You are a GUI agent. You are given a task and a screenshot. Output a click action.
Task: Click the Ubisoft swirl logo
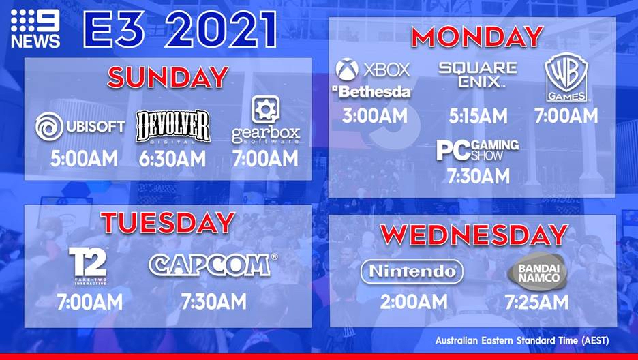point(49,127)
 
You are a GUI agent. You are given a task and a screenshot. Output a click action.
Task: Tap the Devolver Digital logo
point(173,127)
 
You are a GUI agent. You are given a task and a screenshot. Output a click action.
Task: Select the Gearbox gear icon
point(265,109)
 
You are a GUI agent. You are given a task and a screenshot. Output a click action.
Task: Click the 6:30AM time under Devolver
point(172,159)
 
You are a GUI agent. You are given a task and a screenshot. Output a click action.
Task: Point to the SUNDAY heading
point(168,77)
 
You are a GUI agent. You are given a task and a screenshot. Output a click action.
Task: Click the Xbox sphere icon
point(347,69)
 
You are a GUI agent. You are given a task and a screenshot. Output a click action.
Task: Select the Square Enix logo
point(478,75)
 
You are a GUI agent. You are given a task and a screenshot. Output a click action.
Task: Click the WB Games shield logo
point(566,77)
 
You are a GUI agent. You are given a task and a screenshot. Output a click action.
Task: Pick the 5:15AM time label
point(478,117)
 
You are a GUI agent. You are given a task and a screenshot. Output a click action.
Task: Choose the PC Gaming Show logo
point(478,150)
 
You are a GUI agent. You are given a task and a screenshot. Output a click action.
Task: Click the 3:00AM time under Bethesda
point(375,116)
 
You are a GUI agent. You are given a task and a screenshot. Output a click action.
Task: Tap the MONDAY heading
point(477,37)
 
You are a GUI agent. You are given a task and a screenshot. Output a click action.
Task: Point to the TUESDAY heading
point(168,223)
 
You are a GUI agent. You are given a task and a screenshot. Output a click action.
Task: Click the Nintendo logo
point(412,271)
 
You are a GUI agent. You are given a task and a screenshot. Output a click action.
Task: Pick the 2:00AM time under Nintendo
point(414,302)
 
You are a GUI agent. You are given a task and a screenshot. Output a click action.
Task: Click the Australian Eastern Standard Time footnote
point(522,340)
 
